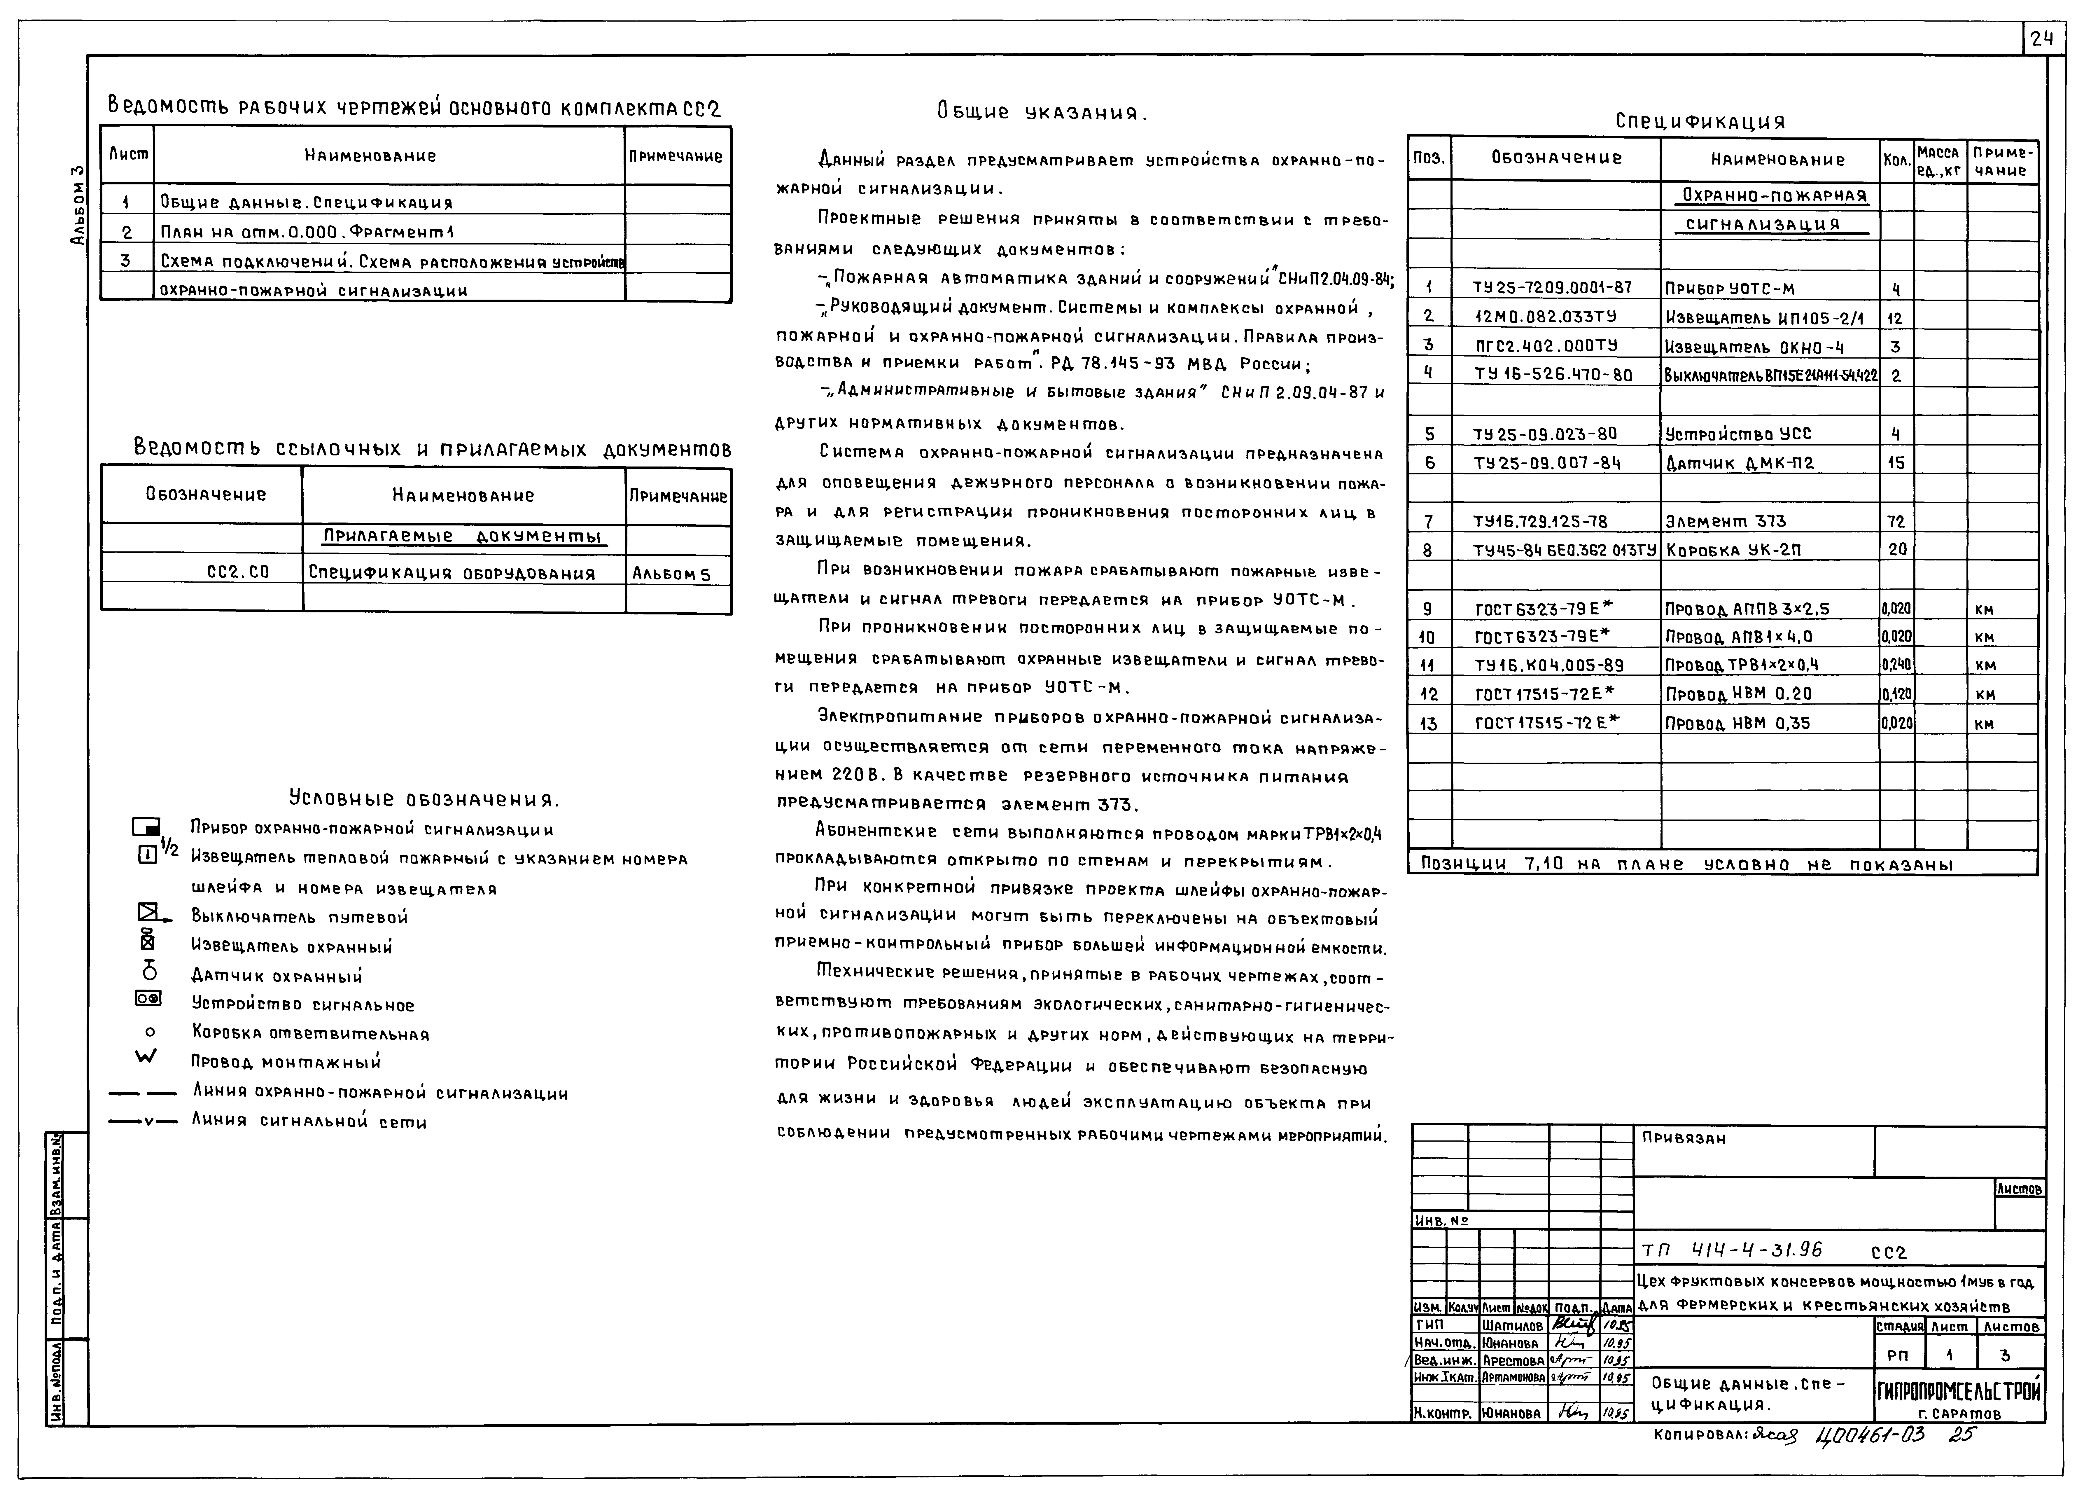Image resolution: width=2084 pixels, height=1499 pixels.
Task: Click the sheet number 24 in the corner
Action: [x=2042, y=39]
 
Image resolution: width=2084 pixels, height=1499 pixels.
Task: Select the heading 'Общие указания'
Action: [x=1042, y=113]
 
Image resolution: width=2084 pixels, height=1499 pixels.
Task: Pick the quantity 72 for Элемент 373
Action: [x=1896, y=521]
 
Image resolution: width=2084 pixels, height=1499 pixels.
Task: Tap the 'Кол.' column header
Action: [x=1896, y=160]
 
